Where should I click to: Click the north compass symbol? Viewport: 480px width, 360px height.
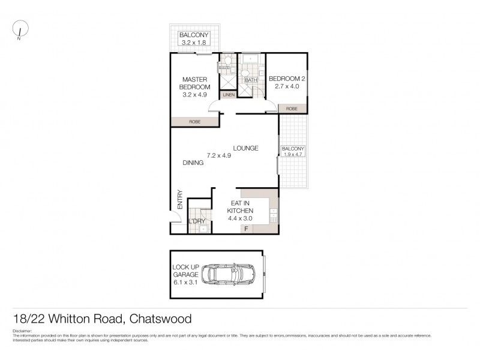coord(21,29)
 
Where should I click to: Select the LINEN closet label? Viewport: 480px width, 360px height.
coord(229,95)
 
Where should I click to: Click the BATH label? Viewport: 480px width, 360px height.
coord(250,80)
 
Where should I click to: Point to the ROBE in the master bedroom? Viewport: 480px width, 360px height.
coord(194,122)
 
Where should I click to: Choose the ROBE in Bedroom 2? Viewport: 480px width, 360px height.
coord(292,109)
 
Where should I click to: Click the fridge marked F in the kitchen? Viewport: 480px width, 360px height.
coord(245,229)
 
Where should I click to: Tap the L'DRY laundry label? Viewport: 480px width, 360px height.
coord(197,222)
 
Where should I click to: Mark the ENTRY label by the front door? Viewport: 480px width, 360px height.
coord(179,199)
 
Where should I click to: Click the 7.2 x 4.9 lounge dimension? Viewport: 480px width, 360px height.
coord(219,155)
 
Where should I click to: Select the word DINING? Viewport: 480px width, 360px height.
coord(193,163)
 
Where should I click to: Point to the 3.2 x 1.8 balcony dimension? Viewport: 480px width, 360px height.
coord(194,43)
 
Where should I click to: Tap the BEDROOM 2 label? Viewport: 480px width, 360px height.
coord(287,79)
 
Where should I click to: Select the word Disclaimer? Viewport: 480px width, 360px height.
coord(23,331)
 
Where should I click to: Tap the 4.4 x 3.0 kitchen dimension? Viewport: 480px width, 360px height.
coord(240,219)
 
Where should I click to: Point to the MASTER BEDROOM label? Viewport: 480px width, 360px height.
coord(194,83)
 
